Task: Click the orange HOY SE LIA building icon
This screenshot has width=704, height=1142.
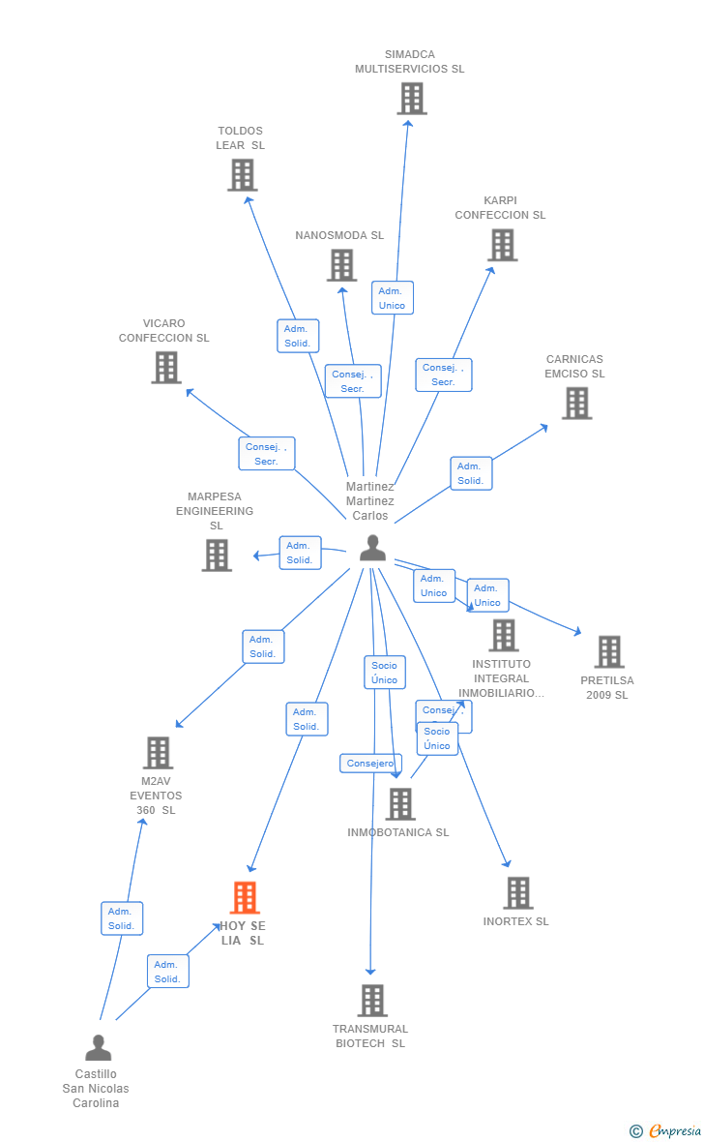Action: (x=245, y=897)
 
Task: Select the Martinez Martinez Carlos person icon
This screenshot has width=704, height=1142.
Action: (x=372, y=548)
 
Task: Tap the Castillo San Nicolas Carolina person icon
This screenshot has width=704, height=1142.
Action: (x=98, y=1047)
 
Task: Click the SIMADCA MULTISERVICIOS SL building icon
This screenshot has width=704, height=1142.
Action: (x=412, y=98)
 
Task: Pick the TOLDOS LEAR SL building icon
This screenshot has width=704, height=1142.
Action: (x=242, y=174)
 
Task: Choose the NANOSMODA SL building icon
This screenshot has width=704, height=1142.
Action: (x=341, y=264)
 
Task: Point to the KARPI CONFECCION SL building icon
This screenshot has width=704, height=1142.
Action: (x=503, y=245)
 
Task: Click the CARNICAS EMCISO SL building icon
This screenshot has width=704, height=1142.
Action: (x=576, y=403)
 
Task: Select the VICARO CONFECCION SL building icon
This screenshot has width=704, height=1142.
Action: (x=166, y=367)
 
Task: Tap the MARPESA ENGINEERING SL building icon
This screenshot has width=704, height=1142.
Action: (x=217, y=555)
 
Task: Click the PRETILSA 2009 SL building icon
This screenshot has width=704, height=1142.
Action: (x=608, y=651)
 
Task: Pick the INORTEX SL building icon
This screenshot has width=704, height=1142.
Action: (x=517, y=892)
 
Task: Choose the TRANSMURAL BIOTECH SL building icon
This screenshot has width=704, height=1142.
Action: (x=371, y=1000)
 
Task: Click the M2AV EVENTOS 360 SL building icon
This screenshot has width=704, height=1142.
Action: (x=158, y=752)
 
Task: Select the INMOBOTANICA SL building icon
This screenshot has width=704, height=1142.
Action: (x=399, y=803)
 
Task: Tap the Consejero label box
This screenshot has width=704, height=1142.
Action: (x=370, y=764)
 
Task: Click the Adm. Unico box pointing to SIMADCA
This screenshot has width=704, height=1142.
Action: (x=392, y=298)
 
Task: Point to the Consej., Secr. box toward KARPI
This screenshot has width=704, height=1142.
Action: (x=444, y=375)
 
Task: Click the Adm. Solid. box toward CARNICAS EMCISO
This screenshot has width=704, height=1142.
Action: (x=471, y=473)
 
